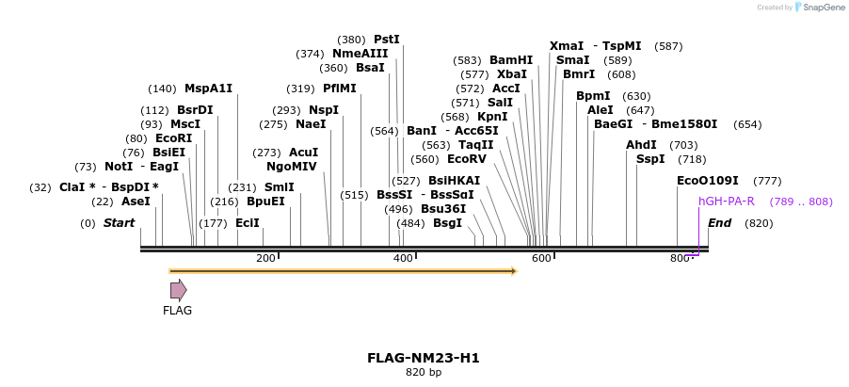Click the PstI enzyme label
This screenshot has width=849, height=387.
(387, 40)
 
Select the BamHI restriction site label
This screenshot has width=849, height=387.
(511, 60)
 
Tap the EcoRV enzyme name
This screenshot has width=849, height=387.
(467, 159)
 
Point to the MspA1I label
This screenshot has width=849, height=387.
(208, 89)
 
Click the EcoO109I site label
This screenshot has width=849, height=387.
(708, 181)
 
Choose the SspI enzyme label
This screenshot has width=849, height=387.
(650, 159)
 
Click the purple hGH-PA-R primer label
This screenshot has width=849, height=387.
(727, 202)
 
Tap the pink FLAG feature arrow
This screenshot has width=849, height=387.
(178, 290)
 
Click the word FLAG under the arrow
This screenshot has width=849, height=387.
(177, 311)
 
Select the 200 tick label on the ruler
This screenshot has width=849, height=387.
(265, 259)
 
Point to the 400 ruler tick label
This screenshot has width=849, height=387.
(403, 259)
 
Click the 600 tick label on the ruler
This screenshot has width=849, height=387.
(541, 259)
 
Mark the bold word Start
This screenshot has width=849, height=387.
(120, 223)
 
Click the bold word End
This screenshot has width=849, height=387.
(719, 223)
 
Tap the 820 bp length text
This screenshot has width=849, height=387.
(424, 373)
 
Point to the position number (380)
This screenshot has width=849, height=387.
(351, 40)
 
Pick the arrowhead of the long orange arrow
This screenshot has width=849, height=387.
(514, 271)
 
